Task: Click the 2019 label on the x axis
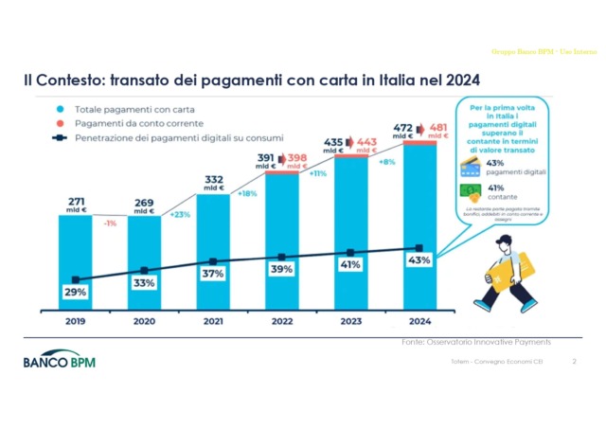(74, 321)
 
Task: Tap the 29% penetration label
(76, 293)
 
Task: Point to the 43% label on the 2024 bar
(419, 259)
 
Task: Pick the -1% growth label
(110, 223)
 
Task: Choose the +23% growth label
(179, 214)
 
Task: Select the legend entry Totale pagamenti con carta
(117, 110)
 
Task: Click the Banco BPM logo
(60, 362)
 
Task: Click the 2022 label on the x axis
(281, 321)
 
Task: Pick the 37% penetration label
(213, 274)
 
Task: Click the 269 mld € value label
(144, 204)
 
